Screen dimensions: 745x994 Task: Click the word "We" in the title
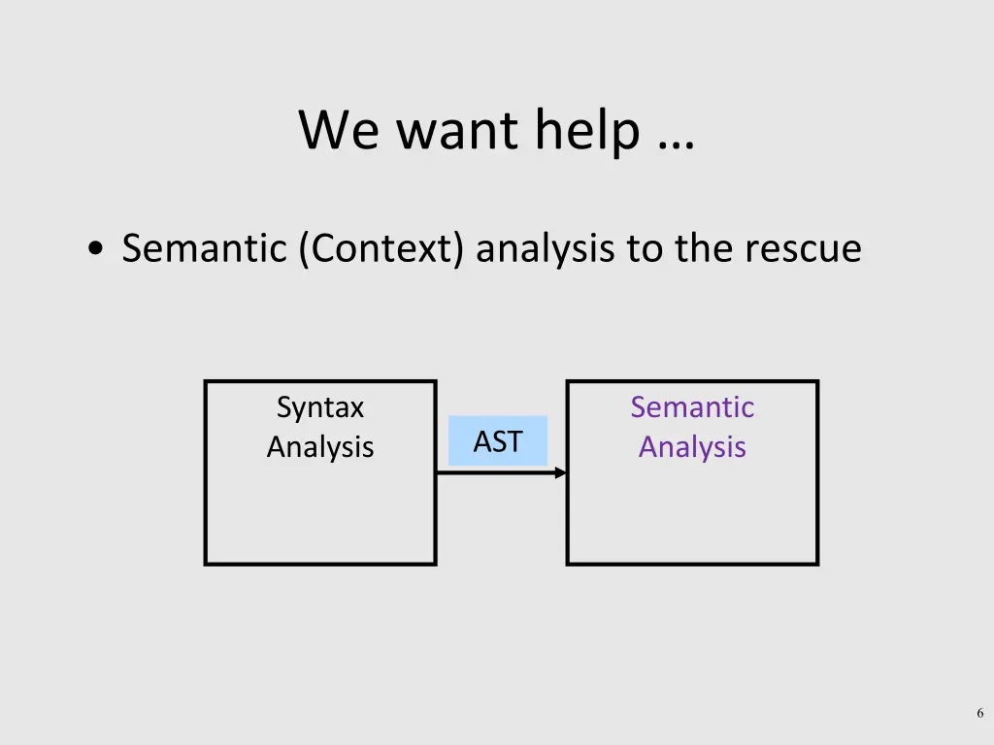(x=339, y=130)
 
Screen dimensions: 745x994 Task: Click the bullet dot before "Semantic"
(x=95, y=250)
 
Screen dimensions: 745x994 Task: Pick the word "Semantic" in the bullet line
(x=205, y=249)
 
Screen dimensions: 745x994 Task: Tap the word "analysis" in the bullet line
(x=546, y=249)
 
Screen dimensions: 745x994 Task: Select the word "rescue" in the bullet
(x=803, y=249)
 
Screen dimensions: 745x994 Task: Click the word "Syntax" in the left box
(x=319, y=407)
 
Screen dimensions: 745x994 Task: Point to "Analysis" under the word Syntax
(x=319, y=447)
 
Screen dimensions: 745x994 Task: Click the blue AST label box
(x=498, y=441)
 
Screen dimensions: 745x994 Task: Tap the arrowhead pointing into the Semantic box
(x=561, y=472)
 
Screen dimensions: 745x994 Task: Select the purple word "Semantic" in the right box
(x=692, y=407)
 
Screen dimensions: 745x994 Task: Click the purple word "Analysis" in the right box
(x=692, y=447)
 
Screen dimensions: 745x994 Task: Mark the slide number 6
(x=980, y=714)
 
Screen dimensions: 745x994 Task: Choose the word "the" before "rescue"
(x=703, y=249)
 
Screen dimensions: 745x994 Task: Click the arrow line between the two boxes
(x=495, y=472)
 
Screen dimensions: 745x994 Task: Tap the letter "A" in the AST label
(x=481, y=442)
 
